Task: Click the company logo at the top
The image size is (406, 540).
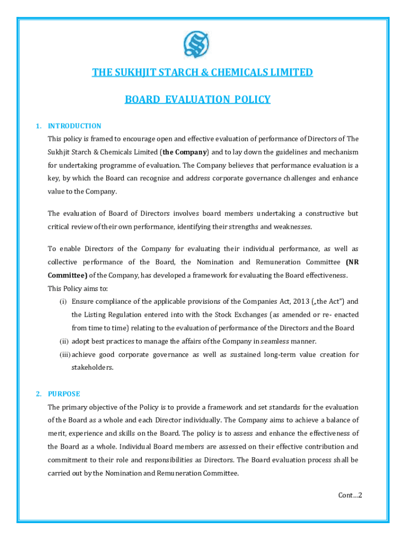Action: (197, 45)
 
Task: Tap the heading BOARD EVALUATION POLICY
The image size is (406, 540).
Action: (197, 100)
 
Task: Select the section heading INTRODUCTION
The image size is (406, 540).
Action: (74, 126)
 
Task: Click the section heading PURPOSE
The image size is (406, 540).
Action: (64, 394)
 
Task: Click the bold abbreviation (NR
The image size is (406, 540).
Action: (352, 262)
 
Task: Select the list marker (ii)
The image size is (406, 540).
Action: (63, 341)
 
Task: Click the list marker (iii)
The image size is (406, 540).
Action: (64, 355)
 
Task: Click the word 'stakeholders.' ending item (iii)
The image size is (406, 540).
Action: (92, 368)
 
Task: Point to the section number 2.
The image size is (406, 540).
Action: (38, 394)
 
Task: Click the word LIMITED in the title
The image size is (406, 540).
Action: (288, 73)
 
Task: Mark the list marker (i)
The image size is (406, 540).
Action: (63, 302)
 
